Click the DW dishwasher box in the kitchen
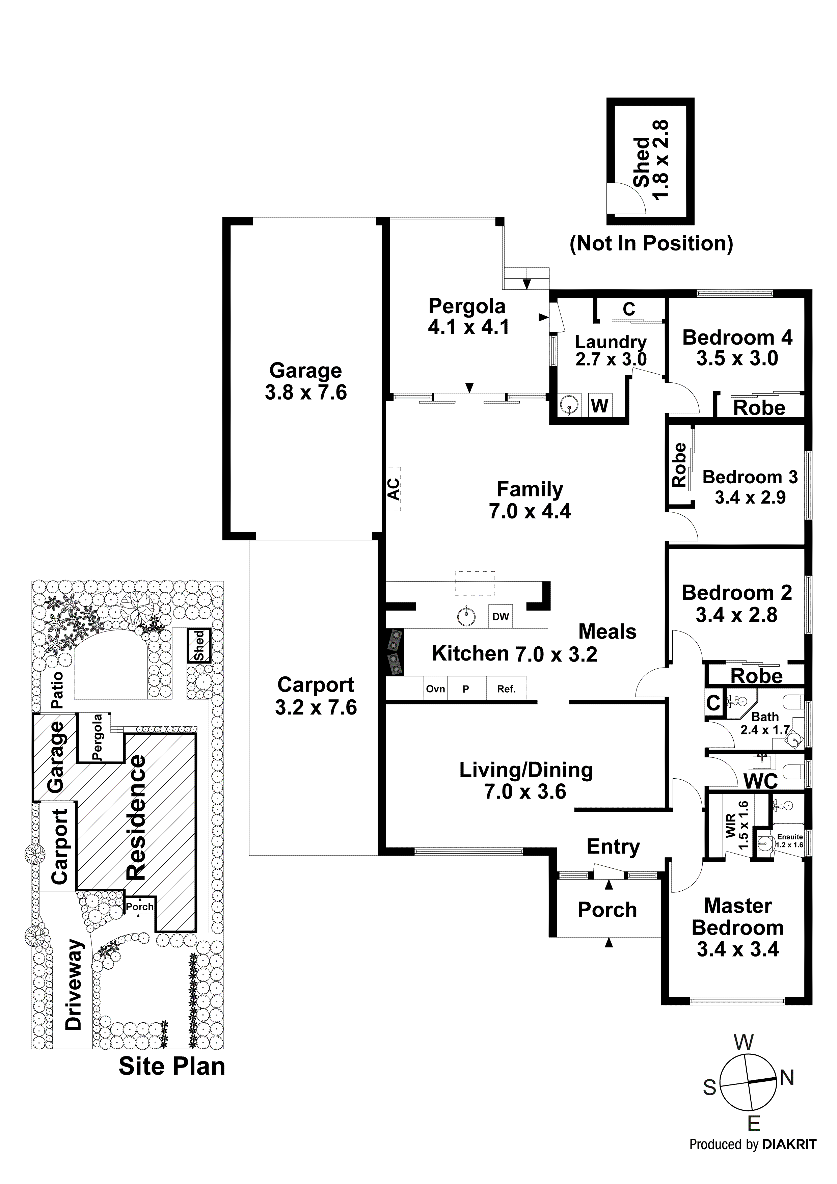click(x=500, y=616)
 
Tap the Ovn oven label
click(x=435, y=689)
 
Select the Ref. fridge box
click(x=506, y=689)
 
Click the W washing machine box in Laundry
click(x=599, y=405)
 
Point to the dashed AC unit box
click(x=394, y=488)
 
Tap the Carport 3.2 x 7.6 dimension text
click(x=316, y=707)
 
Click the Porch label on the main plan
click(x=607, y=910)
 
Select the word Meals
click(x=607, y=631)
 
